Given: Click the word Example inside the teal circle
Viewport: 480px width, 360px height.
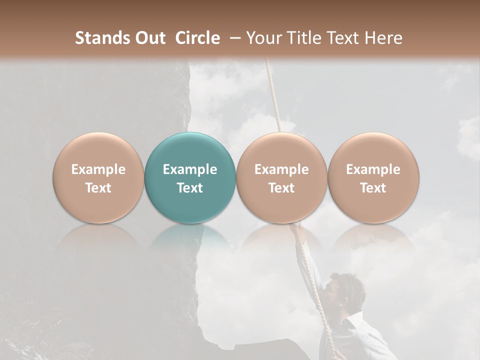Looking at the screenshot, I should (190, 169).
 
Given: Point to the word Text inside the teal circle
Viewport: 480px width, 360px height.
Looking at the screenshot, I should (190, 188).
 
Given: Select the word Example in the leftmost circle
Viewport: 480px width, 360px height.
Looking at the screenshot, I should (98, 169).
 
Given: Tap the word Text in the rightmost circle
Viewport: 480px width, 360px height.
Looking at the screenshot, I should (373, 188).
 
